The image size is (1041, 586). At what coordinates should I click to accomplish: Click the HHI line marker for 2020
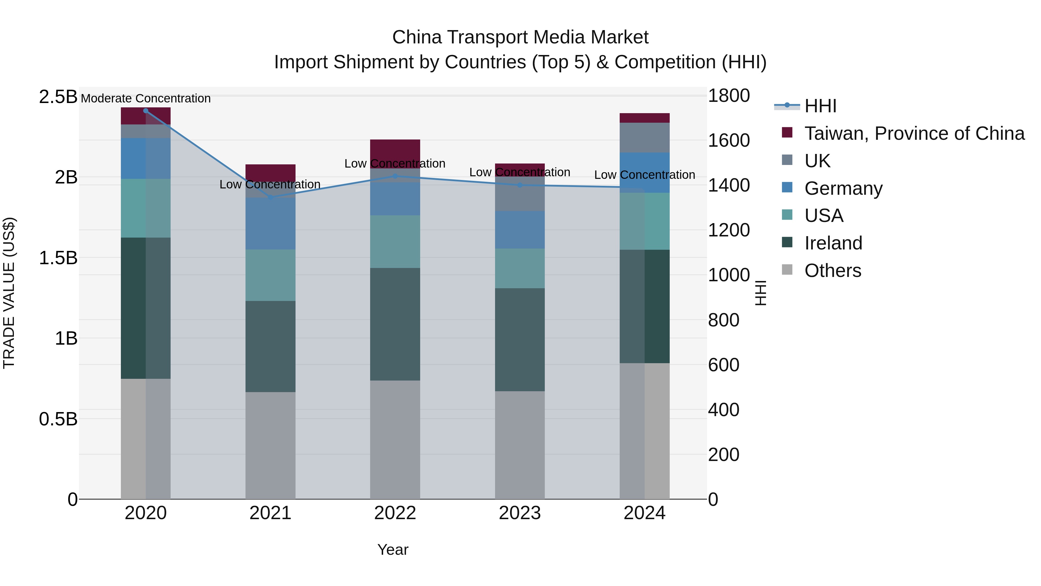[146, 111]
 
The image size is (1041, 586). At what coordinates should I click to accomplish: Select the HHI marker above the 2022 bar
[395, 176]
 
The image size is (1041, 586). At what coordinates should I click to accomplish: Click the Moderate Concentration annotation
[146, 98]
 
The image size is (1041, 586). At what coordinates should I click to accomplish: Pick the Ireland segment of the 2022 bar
[395, 324]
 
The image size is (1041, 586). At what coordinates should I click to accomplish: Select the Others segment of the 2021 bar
[270, 445]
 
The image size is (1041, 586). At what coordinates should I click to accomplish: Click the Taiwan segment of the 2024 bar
[645, 118]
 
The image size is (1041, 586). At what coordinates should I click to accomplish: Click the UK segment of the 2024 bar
[645, 137]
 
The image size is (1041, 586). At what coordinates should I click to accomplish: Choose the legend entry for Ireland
[833, 243]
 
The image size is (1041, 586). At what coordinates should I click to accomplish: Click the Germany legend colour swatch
[787, 188]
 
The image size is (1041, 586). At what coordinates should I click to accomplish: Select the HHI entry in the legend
[820, 106]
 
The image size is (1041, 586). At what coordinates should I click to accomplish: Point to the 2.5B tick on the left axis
[58, 97]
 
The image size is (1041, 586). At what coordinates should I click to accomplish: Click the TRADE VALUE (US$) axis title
[9, 293]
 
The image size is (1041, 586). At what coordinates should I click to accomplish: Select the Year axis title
[393, 550]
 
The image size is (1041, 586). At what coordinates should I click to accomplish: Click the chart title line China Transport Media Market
[520, 37]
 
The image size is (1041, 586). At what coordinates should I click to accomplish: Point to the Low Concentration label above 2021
[270, 184]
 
